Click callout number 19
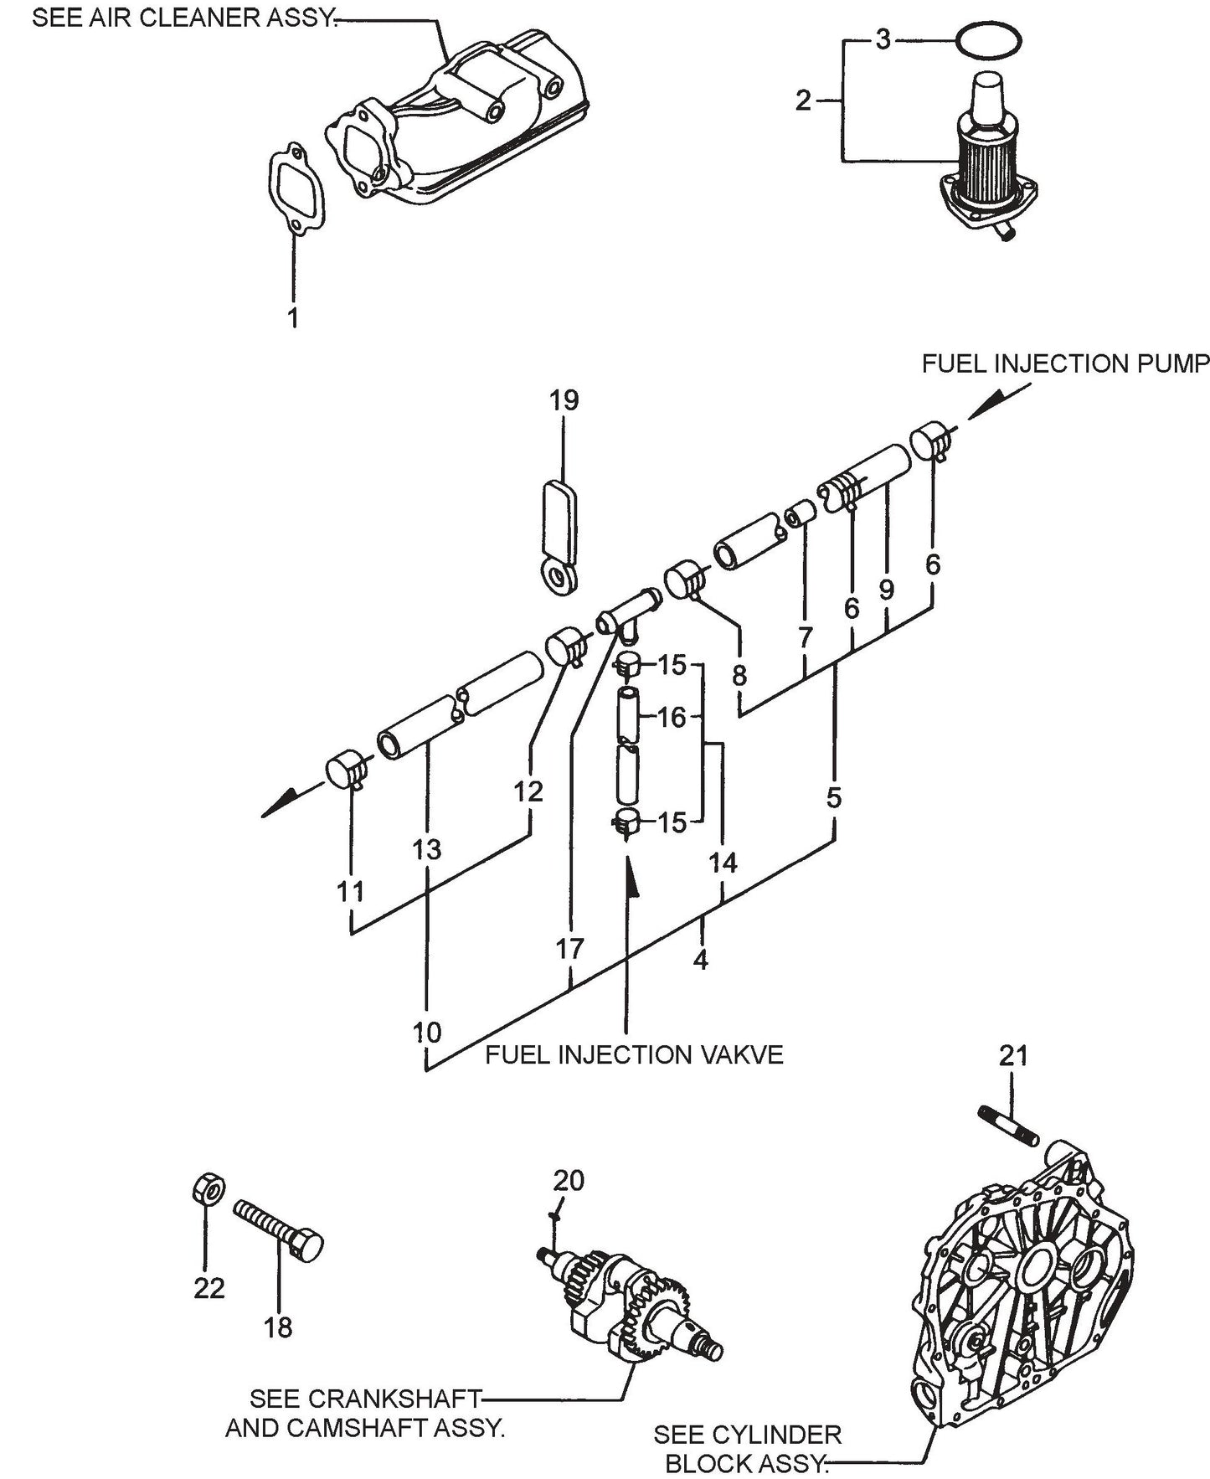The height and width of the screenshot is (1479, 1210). coord(564,400)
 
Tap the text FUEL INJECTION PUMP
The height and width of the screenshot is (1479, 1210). coord(1065,364)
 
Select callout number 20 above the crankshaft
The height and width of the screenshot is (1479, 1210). coord(569,1180)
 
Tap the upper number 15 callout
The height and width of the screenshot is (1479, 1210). coord(672,666)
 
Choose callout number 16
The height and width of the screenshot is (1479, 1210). coord(672,718)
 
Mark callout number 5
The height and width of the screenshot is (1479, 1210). coord(833,798)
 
